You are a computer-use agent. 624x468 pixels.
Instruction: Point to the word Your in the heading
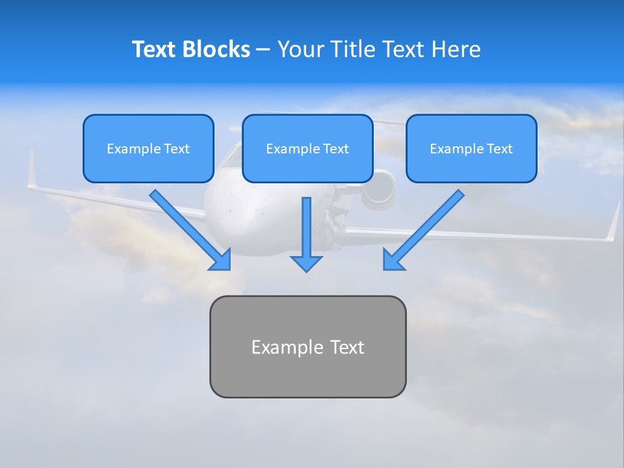[300, 49]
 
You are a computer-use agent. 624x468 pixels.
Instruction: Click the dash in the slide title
[263, 50]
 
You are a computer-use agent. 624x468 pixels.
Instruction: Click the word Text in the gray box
[347, 347]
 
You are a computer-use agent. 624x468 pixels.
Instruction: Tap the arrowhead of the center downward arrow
[306, 263]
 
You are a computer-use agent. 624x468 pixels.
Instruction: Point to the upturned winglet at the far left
[31, 170]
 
